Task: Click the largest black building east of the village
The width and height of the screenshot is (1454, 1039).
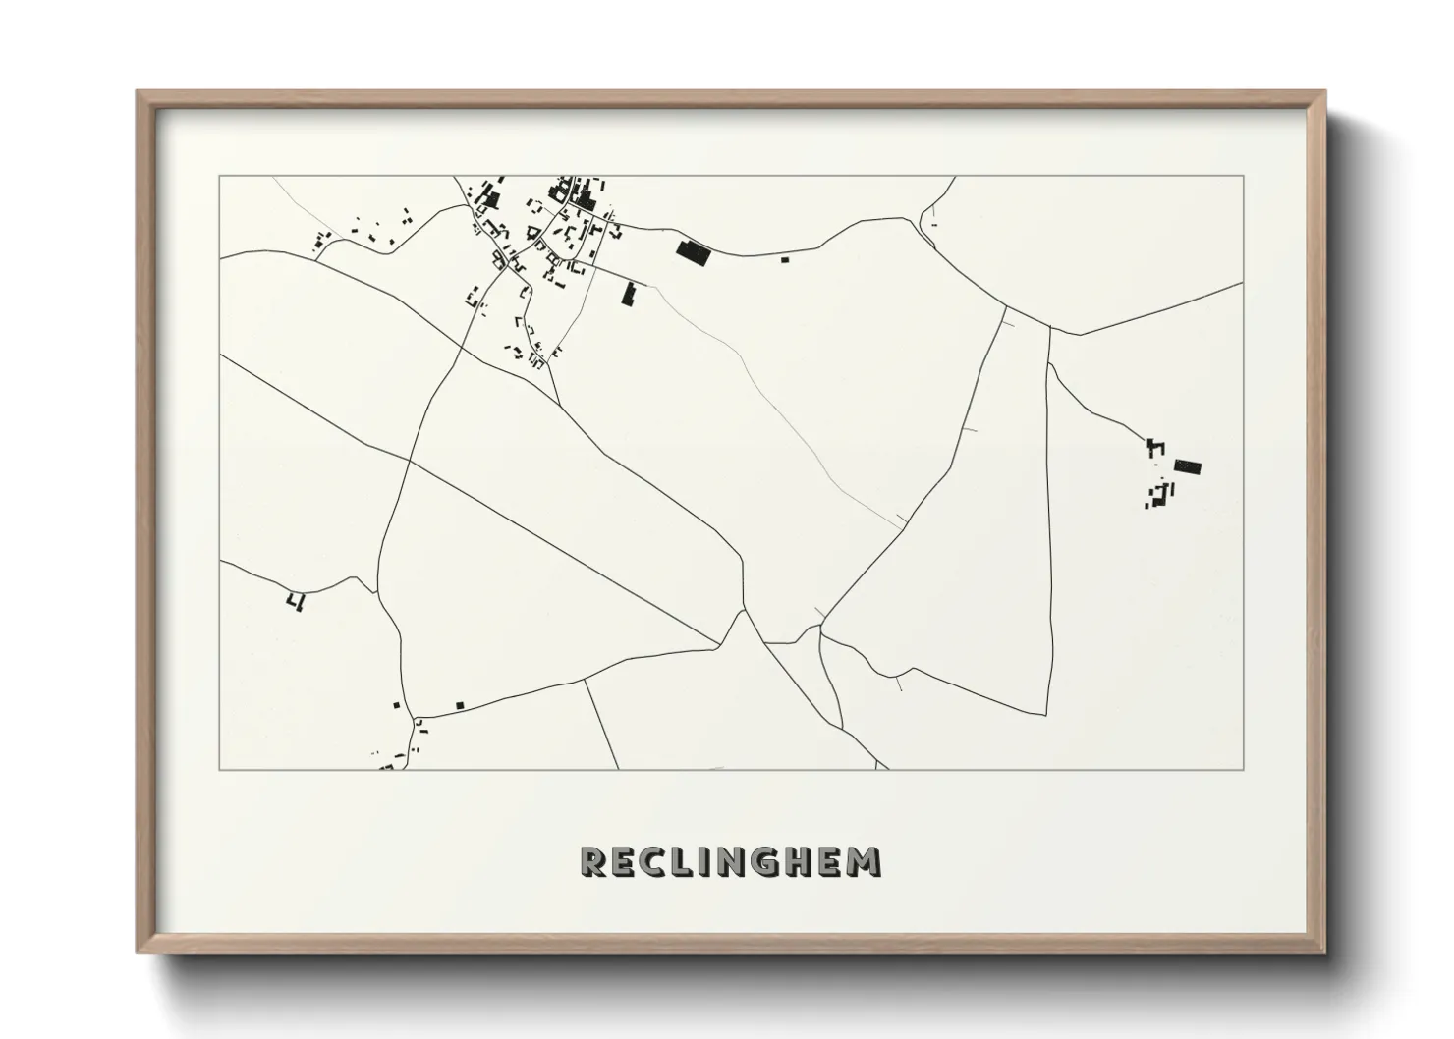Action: tap(694, 252)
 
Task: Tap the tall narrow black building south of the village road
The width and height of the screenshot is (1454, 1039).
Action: tap(629, 292)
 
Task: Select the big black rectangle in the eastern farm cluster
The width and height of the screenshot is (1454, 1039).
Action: tap(1188, 466)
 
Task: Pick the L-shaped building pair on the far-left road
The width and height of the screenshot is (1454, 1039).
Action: tap(296, 600)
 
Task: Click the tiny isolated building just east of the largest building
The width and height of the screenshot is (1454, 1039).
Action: tap(784, 259)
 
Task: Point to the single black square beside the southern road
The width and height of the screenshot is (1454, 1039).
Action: tap(460, 705)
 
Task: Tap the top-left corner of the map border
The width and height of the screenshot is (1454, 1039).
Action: tap(220, 177)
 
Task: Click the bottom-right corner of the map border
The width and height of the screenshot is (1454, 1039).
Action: tap(1244, 769)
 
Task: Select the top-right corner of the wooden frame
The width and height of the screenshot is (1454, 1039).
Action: tap(1324, 91)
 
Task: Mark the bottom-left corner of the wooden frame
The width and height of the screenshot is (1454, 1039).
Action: tap(138, 952)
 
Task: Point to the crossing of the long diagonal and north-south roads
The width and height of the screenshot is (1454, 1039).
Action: tap(409, 459)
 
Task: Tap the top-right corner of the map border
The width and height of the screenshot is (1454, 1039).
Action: tap(1244, 177)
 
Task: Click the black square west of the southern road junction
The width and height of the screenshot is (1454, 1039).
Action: tap(397, 705)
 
